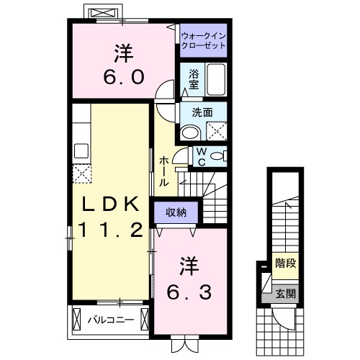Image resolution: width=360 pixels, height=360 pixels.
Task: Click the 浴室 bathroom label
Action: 194,78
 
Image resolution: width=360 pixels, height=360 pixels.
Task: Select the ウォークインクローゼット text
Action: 203,39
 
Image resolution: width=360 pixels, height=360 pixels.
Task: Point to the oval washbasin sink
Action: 191,132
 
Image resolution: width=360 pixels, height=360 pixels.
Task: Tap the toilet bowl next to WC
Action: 219,155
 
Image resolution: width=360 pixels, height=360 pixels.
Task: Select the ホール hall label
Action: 164,171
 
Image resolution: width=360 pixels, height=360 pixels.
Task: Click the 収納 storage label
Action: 176,212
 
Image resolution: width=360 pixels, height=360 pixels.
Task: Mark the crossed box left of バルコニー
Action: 77,318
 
